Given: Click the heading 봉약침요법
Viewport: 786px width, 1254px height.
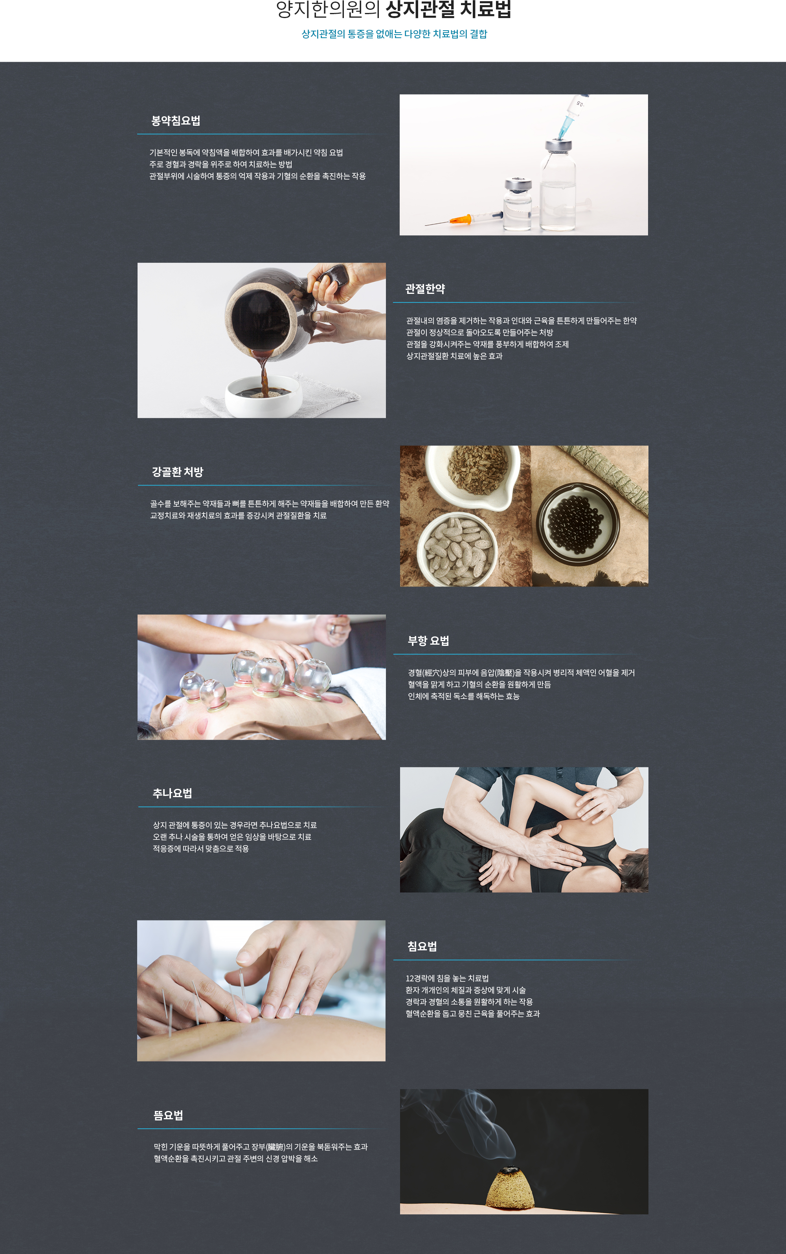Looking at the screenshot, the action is (176, 121).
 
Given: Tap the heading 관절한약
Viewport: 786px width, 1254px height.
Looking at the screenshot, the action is (425, 289).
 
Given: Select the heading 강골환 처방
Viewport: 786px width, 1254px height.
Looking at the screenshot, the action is (177, 472).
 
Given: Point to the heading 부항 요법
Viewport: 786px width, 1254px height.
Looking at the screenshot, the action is (428, 641).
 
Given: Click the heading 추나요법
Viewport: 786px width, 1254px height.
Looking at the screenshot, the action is (172, 793).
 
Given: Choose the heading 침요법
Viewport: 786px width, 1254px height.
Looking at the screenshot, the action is (422, 946).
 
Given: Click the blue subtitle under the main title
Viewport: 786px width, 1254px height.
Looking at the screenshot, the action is (394, 34).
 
